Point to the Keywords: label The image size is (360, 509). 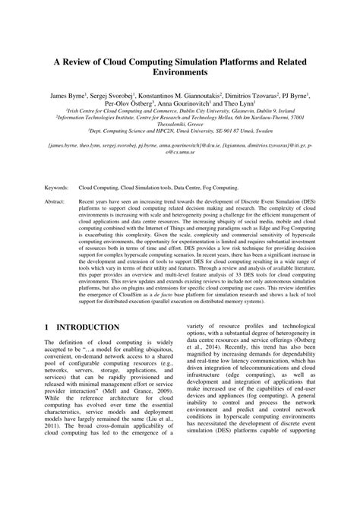click(x=59, y=186)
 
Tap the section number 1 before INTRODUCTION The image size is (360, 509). click(x=48, y=327)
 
